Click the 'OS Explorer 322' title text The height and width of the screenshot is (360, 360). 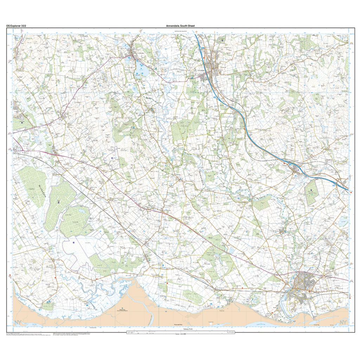tap(16, 26)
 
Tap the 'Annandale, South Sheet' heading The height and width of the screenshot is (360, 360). tap(180, 26)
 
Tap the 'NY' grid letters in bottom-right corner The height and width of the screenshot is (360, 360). tap(343, 322)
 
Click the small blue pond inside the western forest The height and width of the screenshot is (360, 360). tap(84, 211)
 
